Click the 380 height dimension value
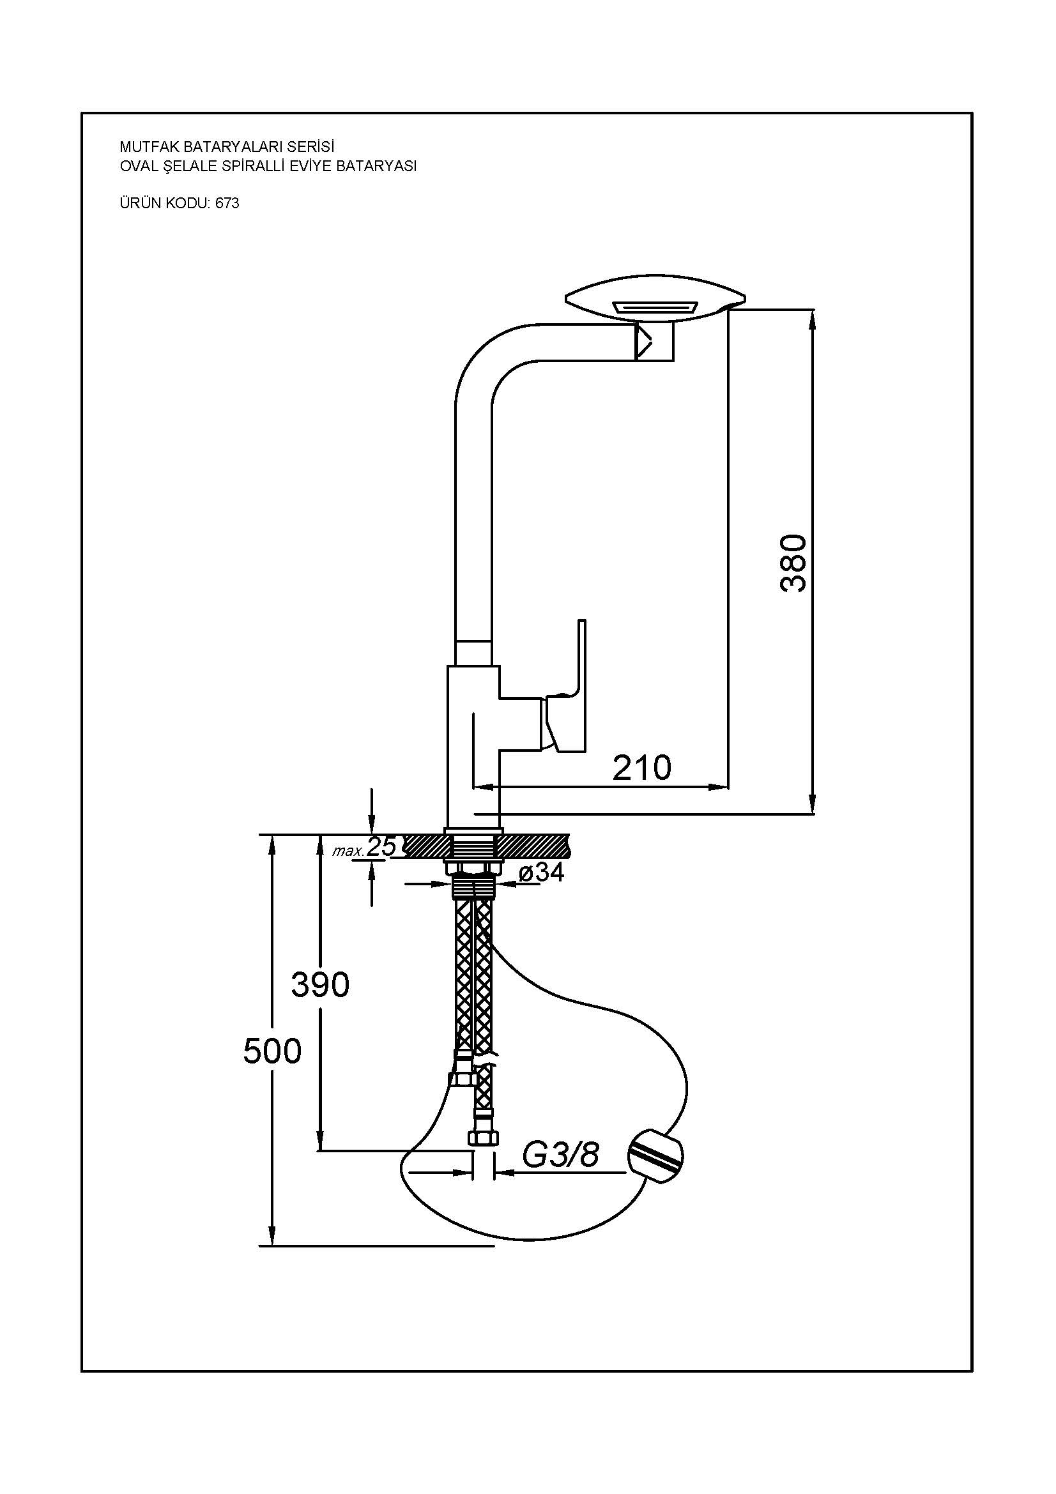point(793,563)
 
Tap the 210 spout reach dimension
point(641,768)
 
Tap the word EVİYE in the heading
point(312,166)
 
